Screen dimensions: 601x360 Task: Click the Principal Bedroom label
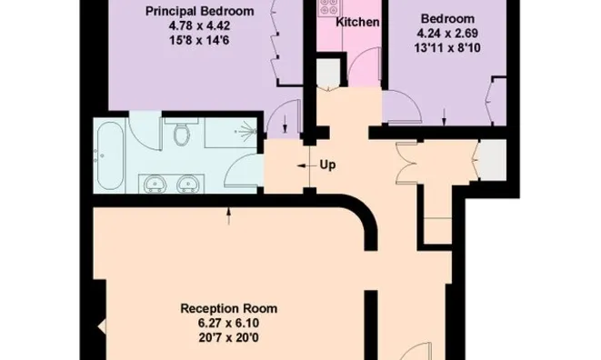click(199, 11)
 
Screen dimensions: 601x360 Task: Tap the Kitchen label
click(357, 22)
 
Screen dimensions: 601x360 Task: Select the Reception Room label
click(229, 308)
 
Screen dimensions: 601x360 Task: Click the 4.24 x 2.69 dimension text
click(447, 34)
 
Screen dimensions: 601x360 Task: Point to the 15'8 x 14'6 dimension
click(199, 40)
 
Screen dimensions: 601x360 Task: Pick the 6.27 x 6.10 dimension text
click(229, 324)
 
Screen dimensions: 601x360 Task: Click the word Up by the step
click(327, 165)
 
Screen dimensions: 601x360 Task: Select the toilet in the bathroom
click(181, 133)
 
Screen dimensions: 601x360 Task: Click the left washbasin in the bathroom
click(155, 185)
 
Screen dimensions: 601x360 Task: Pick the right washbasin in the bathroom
click(188, 185)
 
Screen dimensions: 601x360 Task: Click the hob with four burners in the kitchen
click(329, 6)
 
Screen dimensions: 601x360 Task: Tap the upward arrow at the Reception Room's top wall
click(229, 216)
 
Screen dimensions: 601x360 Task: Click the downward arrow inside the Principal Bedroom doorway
click(285, 124)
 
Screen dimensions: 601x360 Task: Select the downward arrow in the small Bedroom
click(445, 117)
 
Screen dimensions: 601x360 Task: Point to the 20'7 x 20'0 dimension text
click(229, 338)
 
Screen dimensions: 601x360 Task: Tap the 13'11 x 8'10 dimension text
click(447, 48)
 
